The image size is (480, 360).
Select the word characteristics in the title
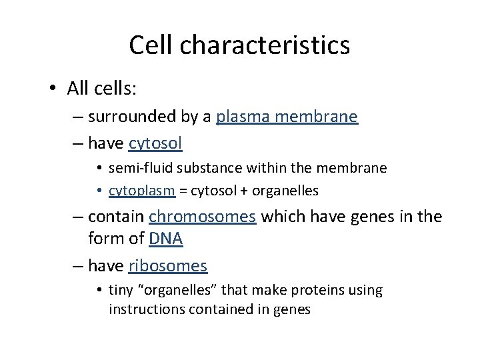269,45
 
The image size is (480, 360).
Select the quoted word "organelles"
201,291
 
